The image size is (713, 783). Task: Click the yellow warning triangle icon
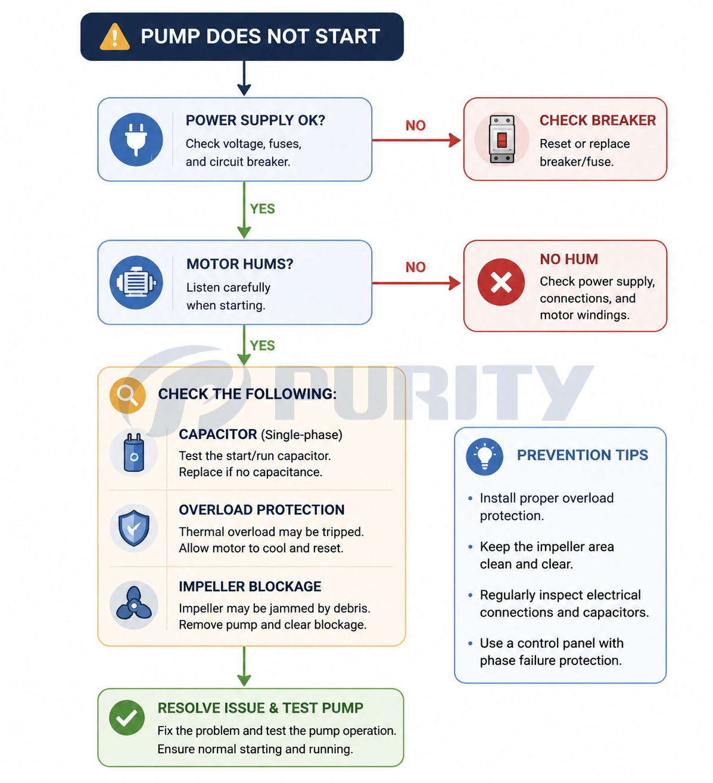tap(114, 37)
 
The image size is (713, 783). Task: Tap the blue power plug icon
tap(136, 139)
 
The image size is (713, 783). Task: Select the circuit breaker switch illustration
tap(502, 139)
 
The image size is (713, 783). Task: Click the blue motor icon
tap(136, 282)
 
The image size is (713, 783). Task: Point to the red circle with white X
tap(501, 282)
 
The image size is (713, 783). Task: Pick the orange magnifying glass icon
tap(127, 395)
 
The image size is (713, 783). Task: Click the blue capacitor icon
tap(134, 453)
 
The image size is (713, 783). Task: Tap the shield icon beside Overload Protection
tap(134, 528)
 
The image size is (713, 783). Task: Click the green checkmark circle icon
tap(127, 717)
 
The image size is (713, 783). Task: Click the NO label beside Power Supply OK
tap(415, 126)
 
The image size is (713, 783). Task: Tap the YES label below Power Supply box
tap(262, 209)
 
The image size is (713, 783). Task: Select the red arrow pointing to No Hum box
tap(416, 283)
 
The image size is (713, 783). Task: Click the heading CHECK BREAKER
tap(597, 120)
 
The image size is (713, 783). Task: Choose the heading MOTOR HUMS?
tap(239, 264)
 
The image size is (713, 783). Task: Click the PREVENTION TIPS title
tap(583, 455)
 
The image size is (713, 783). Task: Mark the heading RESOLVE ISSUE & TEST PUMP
tap(260, 708)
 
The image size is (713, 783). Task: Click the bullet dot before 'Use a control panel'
tap(470, 643)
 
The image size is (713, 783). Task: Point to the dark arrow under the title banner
tap(244, 78)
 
